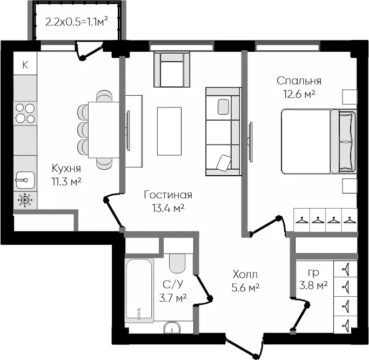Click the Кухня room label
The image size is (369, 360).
click(66, 168)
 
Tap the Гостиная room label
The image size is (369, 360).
click(168, 195)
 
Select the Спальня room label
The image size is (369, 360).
click(299, 81)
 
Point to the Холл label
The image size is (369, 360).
click(245, 275)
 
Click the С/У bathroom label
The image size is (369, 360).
click(173, 284)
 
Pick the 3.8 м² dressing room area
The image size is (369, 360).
click(313, 286)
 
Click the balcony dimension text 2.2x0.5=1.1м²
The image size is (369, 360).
click(77, 22)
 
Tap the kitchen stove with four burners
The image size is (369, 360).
click(25, 114)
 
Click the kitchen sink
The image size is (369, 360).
click(25, 181)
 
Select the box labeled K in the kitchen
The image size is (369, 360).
click(25, 64)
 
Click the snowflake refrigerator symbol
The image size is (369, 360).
click(25, 201)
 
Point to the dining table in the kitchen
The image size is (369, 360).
click(104, 130)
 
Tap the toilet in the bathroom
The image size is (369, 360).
click(177, 263)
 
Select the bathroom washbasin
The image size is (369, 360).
click(172, 328)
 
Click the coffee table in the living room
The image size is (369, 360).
click(170, 131)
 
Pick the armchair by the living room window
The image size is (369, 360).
click(172, 70)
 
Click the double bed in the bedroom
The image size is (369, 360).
click(319, 142)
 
